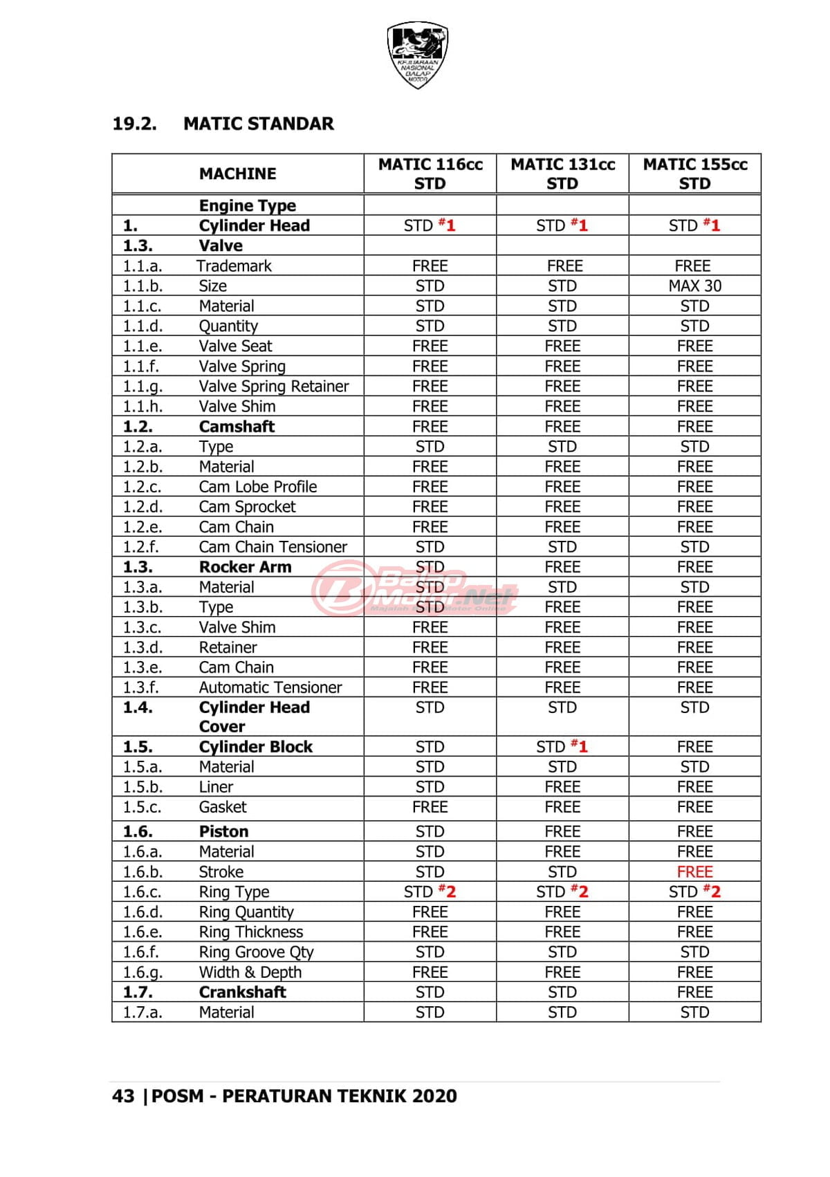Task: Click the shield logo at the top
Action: [x=417, y=55]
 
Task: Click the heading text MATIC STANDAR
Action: [x=259, y=124]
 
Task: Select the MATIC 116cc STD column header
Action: [x=430, y=174]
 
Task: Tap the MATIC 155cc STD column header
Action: [x=695, y=174]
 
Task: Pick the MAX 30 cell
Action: [x=694, y=286]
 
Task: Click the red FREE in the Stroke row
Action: [x=694, y=871]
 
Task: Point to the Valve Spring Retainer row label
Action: [x=274, y=386]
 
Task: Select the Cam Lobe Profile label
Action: [x=258, y=486]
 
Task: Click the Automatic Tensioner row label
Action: [x=270, y=687]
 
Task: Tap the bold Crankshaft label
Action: [x=242, y=992]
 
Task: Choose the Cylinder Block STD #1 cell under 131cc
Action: [x=562, y=746]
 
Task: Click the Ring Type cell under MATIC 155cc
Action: [x=694, y=891]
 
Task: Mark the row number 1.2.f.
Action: [x=141, y=546]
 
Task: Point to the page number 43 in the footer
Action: [x=123, y=1096]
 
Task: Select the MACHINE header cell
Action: [x=237, y=174]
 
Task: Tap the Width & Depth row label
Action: [x=250, y=972]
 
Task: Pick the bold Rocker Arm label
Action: [x=245, y=566]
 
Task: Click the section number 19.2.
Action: [x=135, y=124]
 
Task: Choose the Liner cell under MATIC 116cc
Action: [x=430, y=786]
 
